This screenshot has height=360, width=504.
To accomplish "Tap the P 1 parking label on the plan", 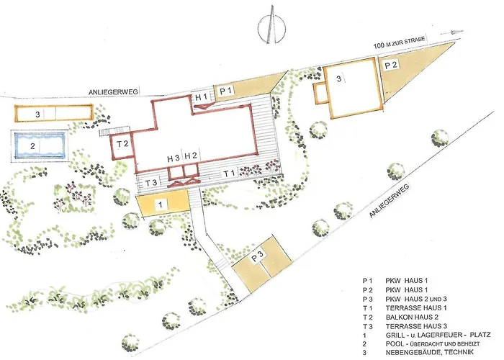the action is [x=225, y=91].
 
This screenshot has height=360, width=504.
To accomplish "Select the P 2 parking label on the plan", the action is [x=391, y=66].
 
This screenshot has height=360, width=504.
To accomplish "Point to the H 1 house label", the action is [x=201, y=96].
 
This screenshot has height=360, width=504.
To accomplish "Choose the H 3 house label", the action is [x=174, y=158].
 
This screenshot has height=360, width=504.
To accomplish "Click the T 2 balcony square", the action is [x=122, y=145].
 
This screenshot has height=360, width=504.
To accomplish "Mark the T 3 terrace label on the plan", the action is [x=151, y=183].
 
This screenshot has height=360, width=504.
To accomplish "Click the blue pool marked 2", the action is [x=40, y=145].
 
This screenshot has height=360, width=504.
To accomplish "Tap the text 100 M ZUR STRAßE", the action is [x=399, y=42].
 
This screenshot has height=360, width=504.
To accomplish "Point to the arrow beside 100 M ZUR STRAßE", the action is [x=452, y=32].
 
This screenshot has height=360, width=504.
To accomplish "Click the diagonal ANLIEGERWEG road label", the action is [x=389, y=201].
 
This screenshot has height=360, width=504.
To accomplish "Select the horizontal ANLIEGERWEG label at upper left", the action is [x=113, y=92].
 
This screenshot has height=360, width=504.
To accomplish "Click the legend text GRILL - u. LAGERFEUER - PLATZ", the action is [x=438, y=335].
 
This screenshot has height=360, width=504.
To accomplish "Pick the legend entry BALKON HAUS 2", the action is [x=412, y=317].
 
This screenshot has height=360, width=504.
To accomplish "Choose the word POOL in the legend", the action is [x=394, y=343].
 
